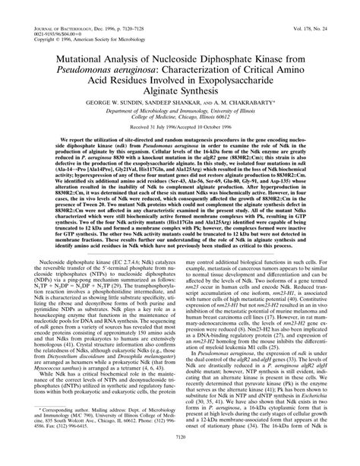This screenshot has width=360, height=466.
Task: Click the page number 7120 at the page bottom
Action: pos(179,460)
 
